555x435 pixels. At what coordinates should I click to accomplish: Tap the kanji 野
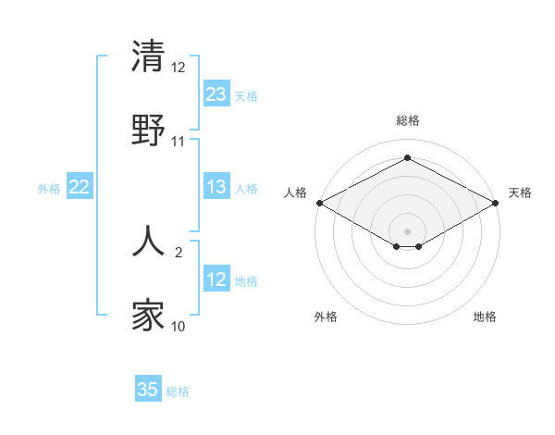pos(149,130)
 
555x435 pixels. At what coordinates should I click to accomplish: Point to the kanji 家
pos(149,316)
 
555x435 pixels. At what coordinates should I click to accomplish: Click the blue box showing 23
pos(216,94)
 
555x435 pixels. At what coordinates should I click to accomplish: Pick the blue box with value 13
pos(216,187)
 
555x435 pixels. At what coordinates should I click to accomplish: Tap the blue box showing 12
pos(216,280)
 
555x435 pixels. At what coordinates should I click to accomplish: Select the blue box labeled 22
pos(80,187)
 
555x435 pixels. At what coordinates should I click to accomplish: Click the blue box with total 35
pos(148,390)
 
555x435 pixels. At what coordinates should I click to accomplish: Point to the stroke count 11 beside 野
pos(179,141)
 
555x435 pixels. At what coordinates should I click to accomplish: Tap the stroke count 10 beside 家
pos(179,327)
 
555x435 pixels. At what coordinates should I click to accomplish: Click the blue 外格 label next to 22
pos(49,188)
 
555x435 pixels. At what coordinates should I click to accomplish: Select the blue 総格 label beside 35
pos(178,391)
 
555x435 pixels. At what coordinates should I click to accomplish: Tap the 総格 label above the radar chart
pos(408,120)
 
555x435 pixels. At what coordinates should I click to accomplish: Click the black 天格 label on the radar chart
pos(520,193)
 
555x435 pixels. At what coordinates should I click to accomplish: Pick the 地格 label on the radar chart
pos(485,317)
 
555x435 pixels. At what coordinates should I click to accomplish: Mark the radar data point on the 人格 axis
pos(319,202)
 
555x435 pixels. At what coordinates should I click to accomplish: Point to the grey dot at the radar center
pos(408,230)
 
